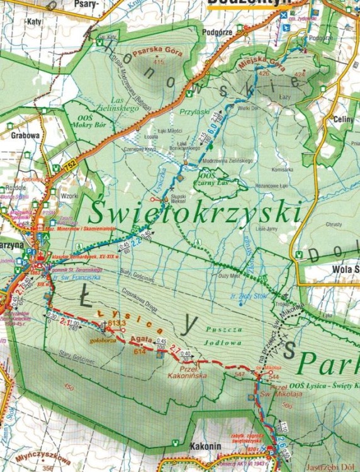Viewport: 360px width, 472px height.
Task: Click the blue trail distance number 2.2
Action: pyautogui.click(x=135, y=240)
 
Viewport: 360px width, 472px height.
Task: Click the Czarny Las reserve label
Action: pyautogui.click(x=214, y=177)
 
